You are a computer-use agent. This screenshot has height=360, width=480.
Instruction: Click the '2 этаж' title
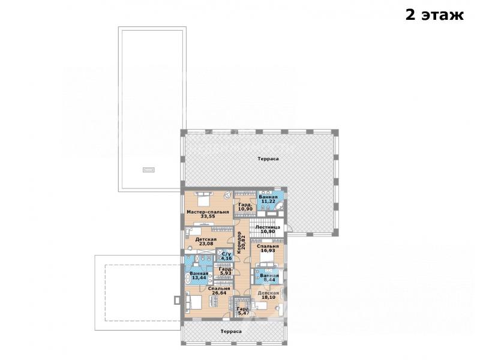pyautogui.click(x=434, y=14)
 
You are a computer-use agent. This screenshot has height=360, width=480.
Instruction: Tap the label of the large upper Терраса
pyautogui.click(x=268, y=158)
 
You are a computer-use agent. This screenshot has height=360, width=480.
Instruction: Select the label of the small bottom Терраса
pyautogui.click(x=231, y=331)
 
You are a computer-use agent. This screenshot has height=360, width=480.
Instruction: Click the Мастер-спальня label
pyautogui.click(x=208, y=212)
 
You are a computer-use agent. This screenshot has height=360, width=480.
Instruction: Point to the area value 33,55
pyautogui.click(x=208, y=216)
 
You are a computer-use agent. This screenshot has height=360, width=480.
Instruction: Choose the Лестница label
pyautogui.click(x=268, y=227)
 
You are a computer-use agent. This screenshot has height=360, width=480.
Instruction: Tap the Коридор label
pyautogui.click(x=239, y=243)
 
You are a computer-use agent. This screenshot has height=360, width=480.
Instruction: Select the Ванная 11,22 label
pyautogui.click(x=268, y=199)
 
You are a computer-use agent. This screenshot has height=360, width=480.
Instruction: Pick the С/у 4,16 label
pyautogui.click(x=226, y=256)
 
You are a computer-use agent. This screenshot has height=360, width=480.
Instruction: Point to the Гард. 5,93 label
pyautogui.click(x=226, y=271)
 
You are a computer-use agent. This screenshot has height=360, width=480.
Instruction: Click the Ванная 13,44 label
pyautogui.click(x=199, y=275)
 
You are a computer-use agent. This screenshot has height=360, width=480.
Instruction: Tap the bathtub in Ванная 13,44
pyautogui.click(x=188, y=277)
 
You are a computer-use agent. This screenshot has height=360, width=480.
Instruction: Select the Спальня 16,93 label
pyautogui.click(x=268, y=248)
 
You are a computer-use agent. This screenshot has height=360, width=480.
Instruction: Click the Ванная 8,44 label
pyautogui.click(x=269, y=277)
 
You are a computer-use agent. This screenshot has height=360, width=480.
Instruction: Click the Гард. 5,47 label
pyautogui.click(x=244, y=311)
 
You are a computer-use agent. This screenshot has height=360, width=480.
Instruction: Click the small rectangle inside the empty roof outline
pyautogui.click(x=149, y=170)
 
